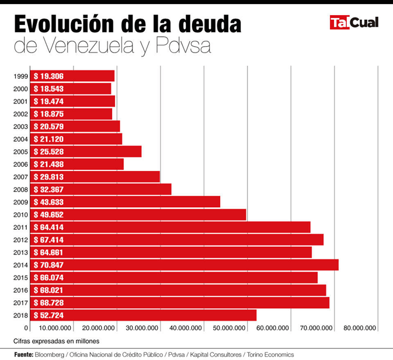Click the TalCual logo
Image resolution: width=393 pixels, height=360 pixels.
tap(354, 23)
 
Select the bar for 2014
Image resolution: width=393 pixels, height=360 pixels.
tap(184, 265)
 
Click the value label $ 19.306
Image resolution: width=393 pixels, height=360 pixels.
tap(49, 76)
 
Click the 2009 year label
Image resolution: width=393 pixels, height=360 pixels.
tap(20, 202)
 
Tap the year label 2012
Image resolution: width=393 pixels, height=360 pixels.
tap(20, 240)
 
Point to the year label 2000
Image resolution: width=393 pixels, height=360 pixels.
tap(20, 89)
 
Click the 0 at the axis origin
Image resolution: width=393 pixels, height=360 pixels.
tap(26, 328)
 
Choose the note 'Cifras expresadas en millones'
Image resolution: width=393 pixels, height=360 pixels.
tap(57, 341)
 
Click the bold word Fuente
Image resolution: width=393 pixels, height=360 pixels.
tap(23, 355)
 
